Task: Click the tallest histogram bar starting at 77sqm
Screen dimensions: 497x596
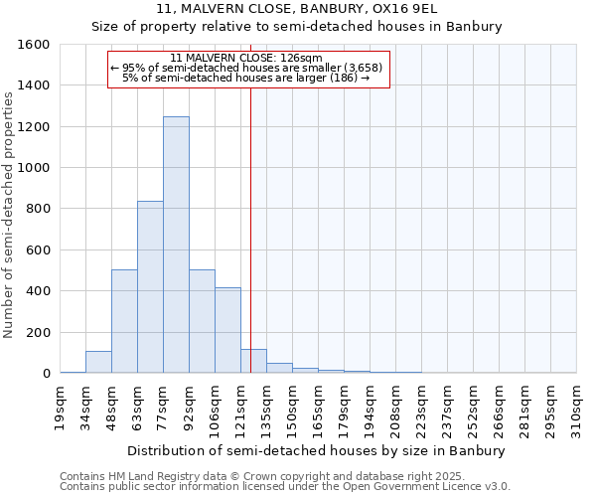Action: coord(176,245)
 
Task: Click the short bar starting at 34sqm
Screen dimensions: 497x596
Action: coord(98,362)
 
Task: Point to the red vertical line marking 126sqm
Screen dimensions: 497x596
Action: coord(250,229)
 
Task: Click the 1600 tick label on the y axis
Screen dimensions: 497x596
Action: coord(34,45)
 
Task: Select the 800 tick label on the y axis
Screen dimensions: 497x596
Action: coord(38,209)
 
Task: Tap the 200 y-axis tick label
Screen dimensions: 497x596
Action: coord(38,332)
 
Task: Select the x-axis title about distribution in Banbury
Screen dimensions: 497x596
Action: coord(318,450)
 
